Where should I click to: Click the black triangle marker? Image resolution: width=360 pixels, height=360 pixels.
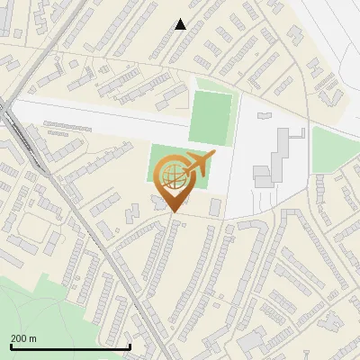(x=181, y=24)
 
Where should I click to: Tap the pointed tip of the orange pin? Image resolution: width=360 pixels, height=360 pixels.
(x=174, y=211)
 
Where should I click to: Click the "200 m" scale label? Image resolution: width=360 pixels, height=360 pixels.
(x=23, y=338)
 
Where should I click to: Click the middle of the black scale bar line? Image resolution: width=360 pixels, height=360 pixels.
(x=70, y=347)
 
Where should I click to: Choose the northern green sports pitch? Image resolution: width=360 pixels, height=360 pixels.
(x=210, y=117)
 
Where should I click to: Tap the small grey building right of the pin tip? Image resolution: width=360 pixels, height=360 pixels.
(x=215, y=207)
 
